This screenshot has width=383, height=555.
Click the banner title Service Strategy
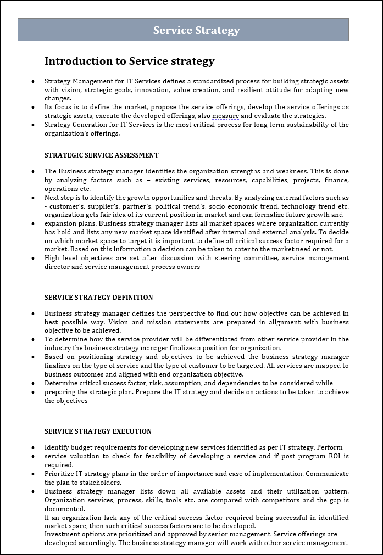tap(196, 30)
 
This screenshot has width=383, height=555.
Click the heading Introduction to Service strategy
tap(129, 61)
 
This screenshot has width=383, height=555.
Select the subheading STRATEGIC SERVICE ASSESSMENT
tap(101, 155)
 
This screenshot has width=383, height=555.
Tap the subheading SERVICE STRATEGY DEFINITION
tap(98, 298)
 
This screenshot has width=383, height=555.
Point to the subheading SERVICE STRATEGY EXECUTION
tap(98, 431)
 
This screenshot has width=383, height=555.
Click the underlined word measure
tap(225, 116)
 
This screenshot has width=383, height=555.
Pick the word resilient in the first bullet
tap(257, 89)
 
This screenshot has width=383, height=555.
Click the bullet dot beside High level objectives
tap(34, 259)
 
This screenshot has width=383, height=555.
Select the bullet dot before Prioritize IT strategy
tap(34, 474)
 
